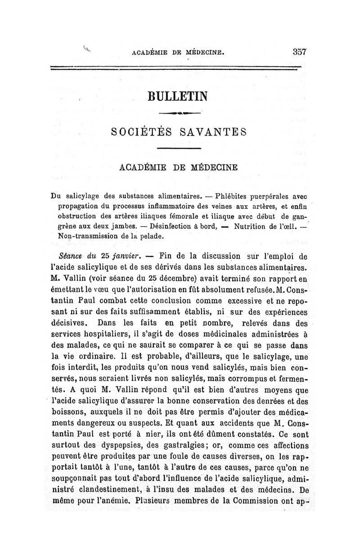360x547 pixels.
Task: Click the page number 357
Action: click(298, 52)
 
